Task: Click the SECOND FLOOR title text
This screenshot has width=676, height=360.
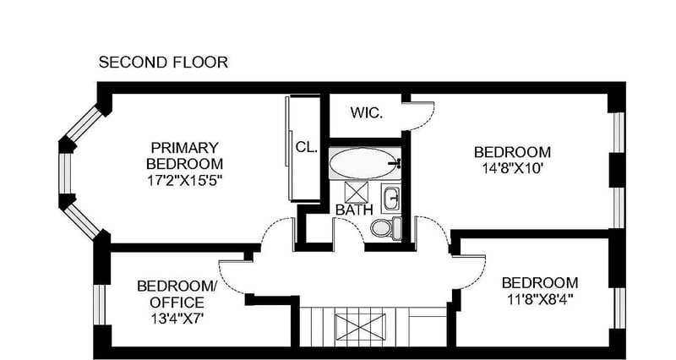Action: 163,62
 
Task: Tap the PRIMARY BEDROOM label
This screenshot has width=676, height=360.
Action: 184,155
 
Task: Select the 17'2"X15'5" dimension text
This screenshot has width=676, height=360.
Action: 184,180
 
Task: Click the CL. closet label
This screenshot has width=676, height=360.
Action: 307,147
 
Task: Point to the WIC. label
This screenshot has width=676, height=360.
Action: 366,113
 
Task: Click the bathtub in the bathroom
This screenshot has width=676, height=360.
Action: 365,163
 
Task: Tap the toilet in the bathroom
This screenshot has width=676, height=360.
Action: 386,227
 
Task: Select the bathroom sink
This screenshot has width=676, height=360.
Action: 391,198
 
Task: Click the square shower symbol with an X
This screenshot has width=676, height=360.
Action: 357,192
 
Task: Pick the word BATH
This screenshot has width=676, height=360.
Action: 354,210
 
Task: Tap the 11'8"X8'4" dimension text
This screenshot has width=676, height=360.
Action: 539,299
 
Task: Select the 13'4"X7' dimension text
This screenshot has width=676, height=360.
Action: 177,319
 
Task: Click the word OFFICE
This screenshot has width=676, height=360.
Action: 177,303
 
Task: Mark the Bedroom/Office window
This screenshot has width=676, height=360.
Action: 100,304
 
